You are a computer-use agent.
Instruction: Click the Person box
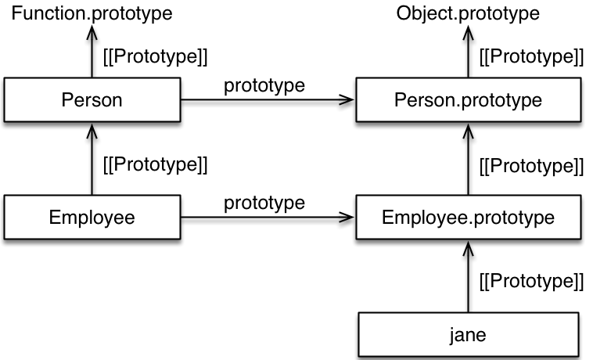click(x=92, y=100)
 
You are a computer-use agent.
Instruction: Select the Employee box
click(x=92, y=217)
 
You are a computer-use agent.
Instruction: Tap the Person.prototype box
click(x=468, y=100)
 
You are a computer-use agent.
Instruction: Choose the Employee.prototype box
click(x=468, y=217)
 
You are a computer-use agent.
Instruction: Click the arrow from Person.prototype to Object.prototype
click(x=468, y=51)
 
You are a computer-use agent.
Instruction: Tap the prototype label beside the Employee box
click(x=264, y=203)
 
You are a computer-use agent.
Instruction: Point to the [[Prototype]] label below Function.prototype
click(x=156, y=56)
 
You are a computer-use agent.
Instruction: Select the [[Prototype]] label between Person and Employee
click(x=156, y=165)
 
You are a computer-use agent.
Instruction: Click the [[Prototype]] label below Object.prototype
click(x=531, y=56)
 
